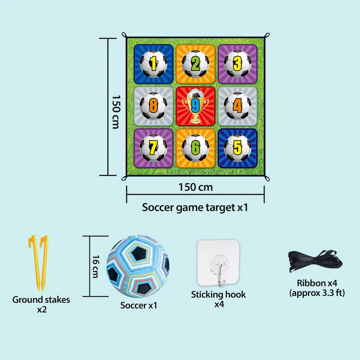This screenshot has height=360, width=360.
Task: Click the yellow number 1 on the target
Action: pyautogui.click(x=153, y=64)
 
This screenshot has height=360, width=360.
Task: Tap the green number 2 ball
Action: pyautogui.click(x=195, y=64)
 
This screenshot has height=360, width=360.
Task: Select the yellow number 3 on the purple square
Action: pyautogui.click(x=237, y=64)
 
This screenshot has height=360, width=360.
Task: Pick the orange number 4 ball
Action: pyautogui.click(x=237, y=106)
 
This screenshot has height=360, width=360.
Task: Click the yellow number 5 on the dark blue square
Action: pyautogui.click(x=237, y=148)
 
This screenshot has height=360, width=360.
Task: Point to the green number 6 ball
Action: pyautogui.click(x=195, y=148)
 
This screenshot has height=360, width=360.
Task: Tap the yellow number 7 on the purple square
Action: pyautogui.click(x=153, y=148)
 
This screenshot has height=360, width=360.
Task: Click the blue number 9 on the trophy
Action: pyautogui.click(x=195, y=105)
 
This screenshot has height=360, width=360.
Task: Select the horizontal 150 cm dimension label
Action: pyautogui.click(x=195, y=187)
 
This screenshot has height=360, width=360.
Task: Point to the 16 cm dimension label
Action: pyautogui.click(x=95, y=266)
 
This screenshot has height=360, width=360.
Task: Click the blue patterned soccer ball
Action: pyautogui.click(x=138, y=267)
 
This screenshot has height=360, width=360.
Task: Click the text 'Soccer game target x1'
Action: pyautogui.click(x=195, y=207)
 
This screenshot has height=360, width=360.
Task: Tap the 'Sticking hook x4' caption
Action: pyautogui.click(x=218, y=299)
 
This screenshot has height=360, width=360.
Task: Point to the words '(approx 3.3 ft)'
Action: pyautogui.click(x=317, y=293)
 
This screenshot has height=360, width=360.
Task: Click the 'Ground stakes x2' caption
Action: pyautogui.click(x=41, y=304)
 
